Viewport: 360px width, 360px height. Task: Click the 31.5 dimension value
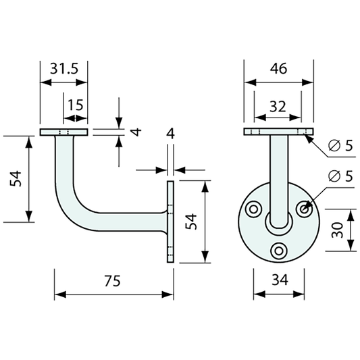(x=64, y=68)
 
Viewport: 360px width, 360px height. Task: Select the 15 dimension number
(x=76, y=105)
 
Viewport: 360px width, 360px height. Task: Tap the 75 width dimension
(x=112, y=281)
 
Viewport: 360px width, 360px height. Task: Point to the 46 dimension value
(x=278, y=68)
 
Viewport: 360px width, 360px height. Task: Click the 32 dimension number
(x=278, y=107)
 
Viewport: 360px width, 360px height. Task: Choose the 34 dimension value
(x=280, y=280)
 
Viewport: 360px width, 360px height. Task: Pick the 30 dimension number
(x=337, y=230)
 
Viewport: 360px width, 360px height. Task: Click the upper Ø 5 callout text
(x=340, y=145)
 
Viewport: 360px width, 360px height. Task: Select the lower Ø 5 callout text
(x=340, y=176)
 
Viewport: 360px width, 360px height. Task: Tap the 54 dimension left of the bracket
(x=16, y=179)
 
